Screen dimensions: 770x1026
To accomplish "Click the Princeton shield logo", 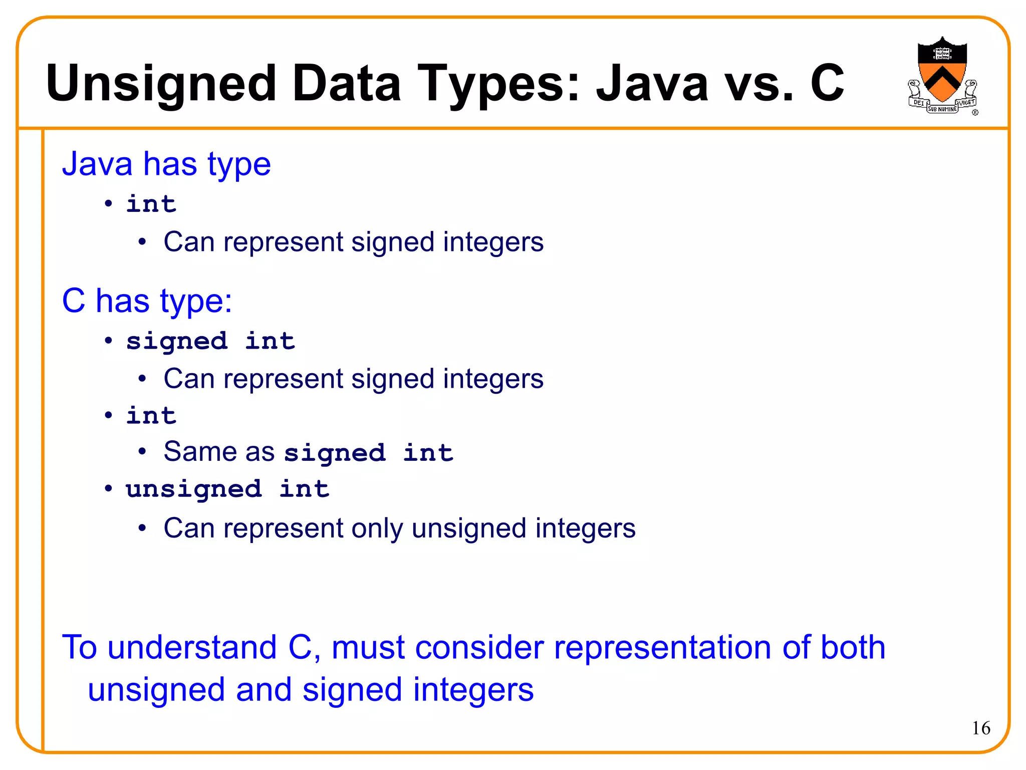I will click(942, 75).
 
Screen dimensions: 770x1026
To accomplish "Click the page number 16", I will click(981, 728).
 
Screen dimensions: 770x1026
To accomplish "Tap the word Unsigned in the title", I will click(161, 83).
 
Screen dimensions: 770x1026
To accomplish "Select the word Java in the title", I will click(652, 83).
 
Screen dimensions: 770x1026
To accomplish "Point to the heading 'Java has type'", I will click(166, 164).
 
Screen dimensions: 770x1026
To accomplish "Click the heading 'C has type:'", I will click(147, 301).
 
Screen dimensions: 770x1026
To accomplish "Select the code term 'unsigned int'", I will click(227, 489).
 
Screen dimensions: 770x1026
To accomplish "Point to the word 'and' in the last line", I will click(264, 690).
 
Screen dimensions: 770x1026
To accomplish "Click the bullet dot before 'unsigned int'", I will click(108, 488).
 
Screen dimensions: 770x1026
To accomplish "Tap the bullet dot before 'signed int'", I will click(108, 341).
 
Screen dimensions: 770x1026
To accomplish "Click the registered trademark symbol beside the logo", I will click(975, 113).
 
